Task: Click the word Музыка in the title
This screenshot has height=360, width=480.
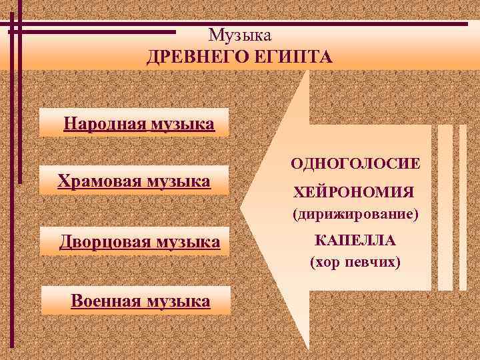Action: click(x=239, y=35)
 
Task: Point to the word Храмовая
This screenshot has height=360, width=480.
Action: click(x=95, y=181)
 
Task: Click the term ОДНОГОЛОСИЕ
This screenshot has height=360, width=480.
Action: click(x=355, y=163)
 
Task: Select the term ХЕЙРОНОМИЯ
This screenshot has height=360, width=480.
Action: click(x=354, y=193)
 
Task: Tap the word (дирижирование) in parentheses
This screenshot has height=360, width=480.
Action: click(x=355, y=216)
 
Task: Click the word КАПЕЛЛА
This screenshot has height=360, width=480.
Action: click(x=355, y=240)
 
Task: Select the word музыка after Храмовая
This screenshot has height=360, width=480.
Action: click(x=177, y=181)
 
